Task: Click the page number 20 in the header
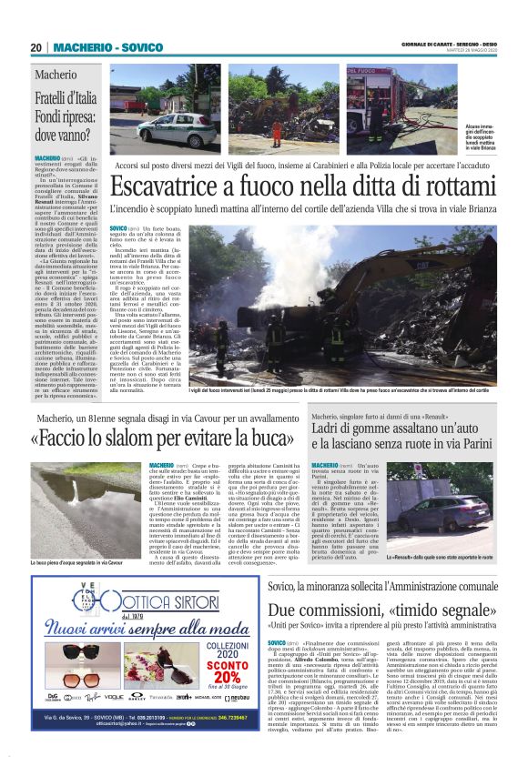[36, 47]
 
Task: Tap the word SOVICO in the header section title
[139, 47]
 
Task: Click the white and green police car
[172, 127]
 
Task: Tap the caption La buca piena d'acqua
[64, 563]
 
